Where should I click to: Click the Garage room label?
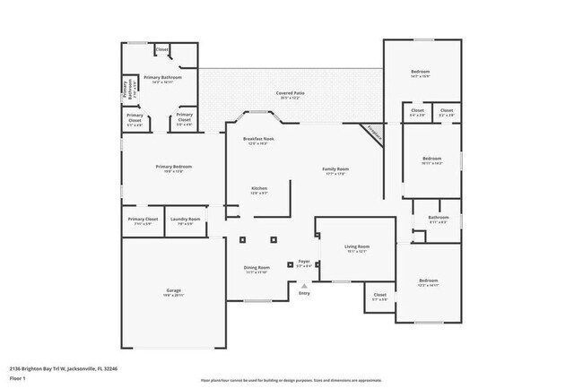[x=174, y=291]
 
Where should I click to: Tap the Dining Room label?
[x=257, y=268]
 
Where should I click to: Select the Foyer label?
[x=304, y=263]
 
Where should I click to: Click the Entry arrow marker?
[x=304, y=286]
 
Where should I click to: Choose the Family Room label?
[x=335, y=169]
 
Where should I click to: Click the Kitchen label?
[x=258, y=188]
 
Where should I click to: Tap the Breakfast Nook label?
[x=258, y=140]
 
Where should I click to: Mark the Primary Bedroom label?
[x=174, y=167]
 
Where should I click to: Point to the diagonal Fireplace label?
[x=374, y=131]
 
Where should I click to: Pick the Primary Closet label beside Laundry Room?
[x=143, y=220]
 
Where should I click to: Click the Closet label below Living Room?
[x=379, y=295]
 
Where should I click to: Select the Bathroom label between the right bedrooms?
[x=439, y=218]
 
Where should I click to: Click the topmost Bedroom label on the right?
[x=421, y=72]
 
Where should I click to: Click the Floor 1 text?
[x=19, y=378]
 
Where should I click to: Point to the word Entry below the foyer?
[x=304, y=293]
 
